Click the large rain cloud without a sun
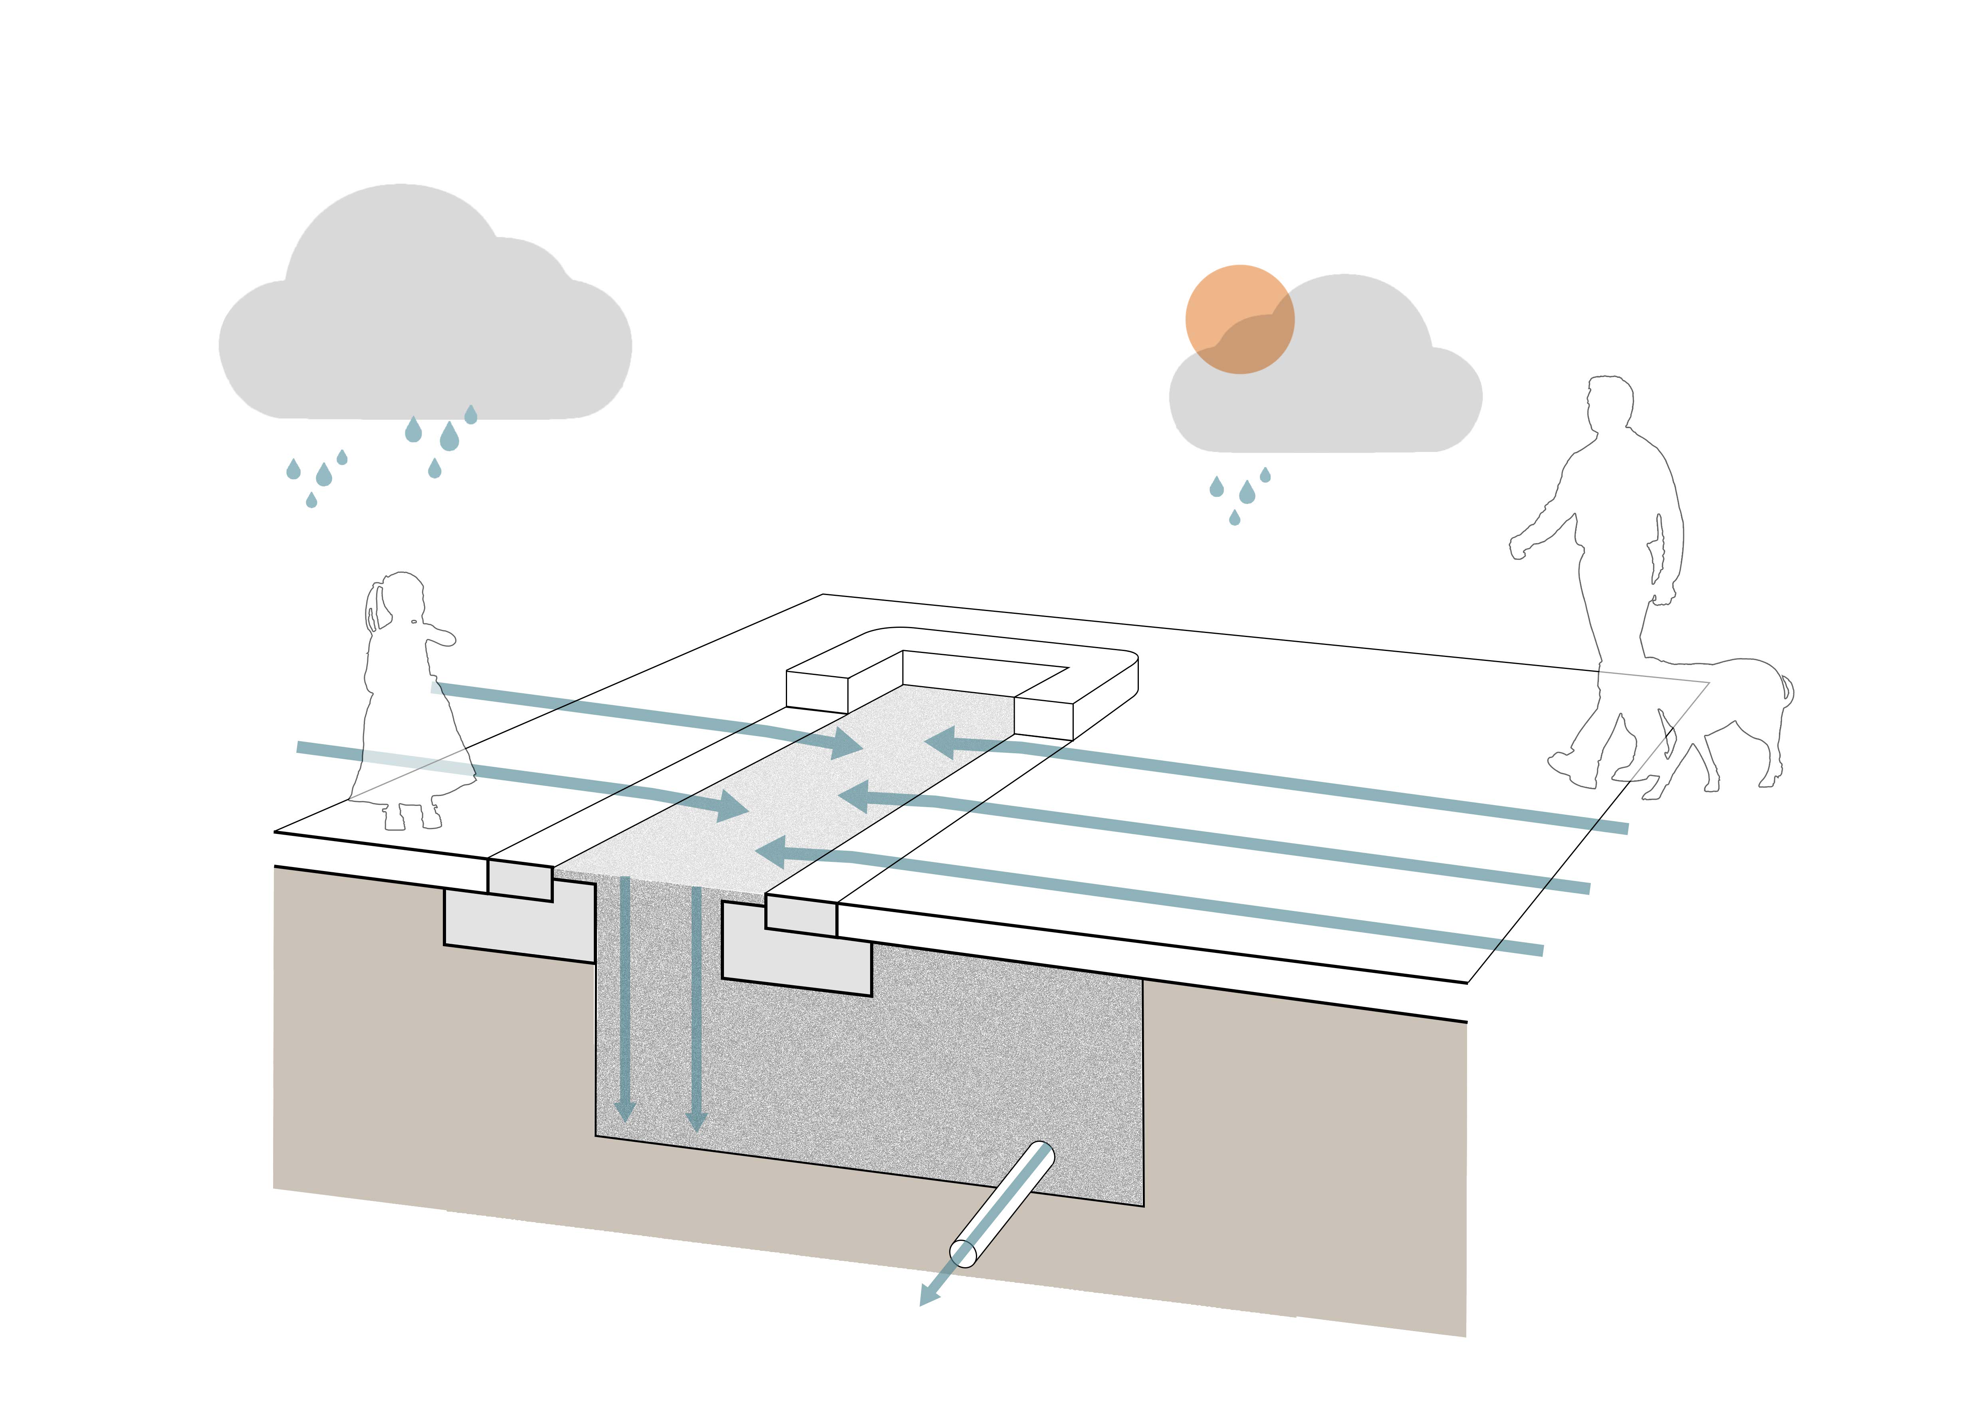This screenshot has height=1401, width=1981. [x=423, y=328]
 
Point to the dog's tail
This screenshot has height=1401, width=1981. [x=1788, y=690]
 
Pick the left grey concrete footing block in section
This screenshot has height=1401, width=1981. [x=518, y=927]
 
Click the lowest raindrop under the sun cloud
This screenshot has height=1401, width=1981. [x=1235, y=518]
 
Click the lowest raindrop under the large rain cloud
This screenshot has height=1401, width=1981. [x=311, y=500]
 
